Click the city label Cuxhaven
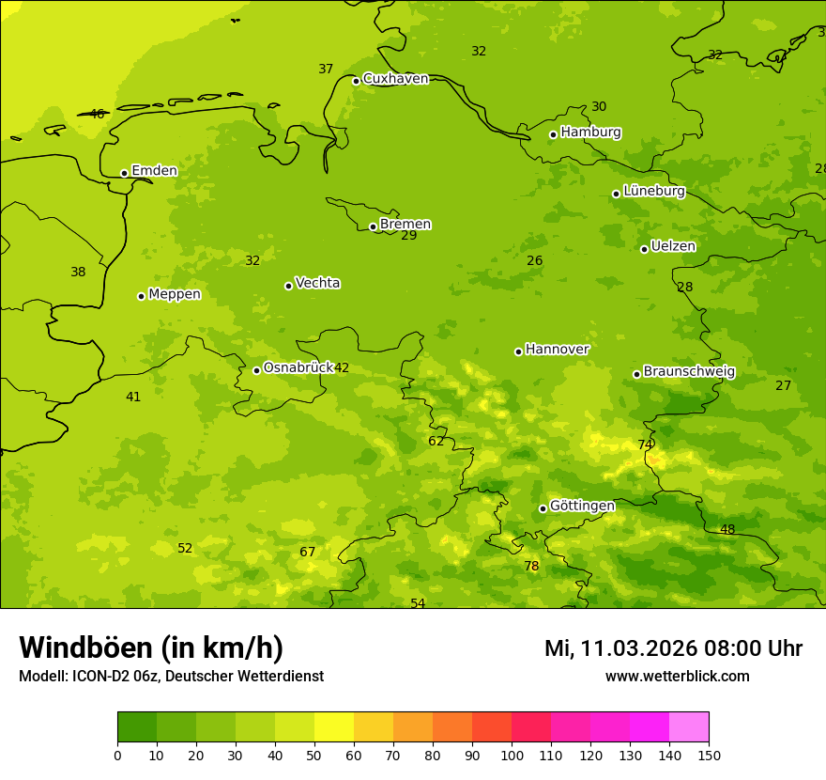395,79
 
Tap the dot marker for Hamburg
553,134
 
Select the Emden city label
154,171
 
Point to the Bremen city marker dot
373,226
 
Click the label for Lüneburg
653,192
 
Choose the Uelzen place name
673,247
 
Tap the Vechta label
317,284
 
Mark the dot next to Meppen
141,296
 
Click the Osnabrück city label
298,368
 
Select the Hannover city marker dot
518,351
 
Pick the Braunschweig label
689,372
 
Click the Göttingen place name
582,507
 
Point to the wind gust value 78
531,567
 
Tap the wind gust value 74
646,445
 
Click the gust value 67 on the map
308,553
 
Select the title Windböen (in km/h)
151,647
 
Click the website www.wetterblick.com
677,677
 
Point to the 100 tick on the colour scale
512,755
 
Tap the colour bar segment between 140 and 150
689,727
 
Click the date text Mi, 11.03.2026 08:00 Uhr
673,648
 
